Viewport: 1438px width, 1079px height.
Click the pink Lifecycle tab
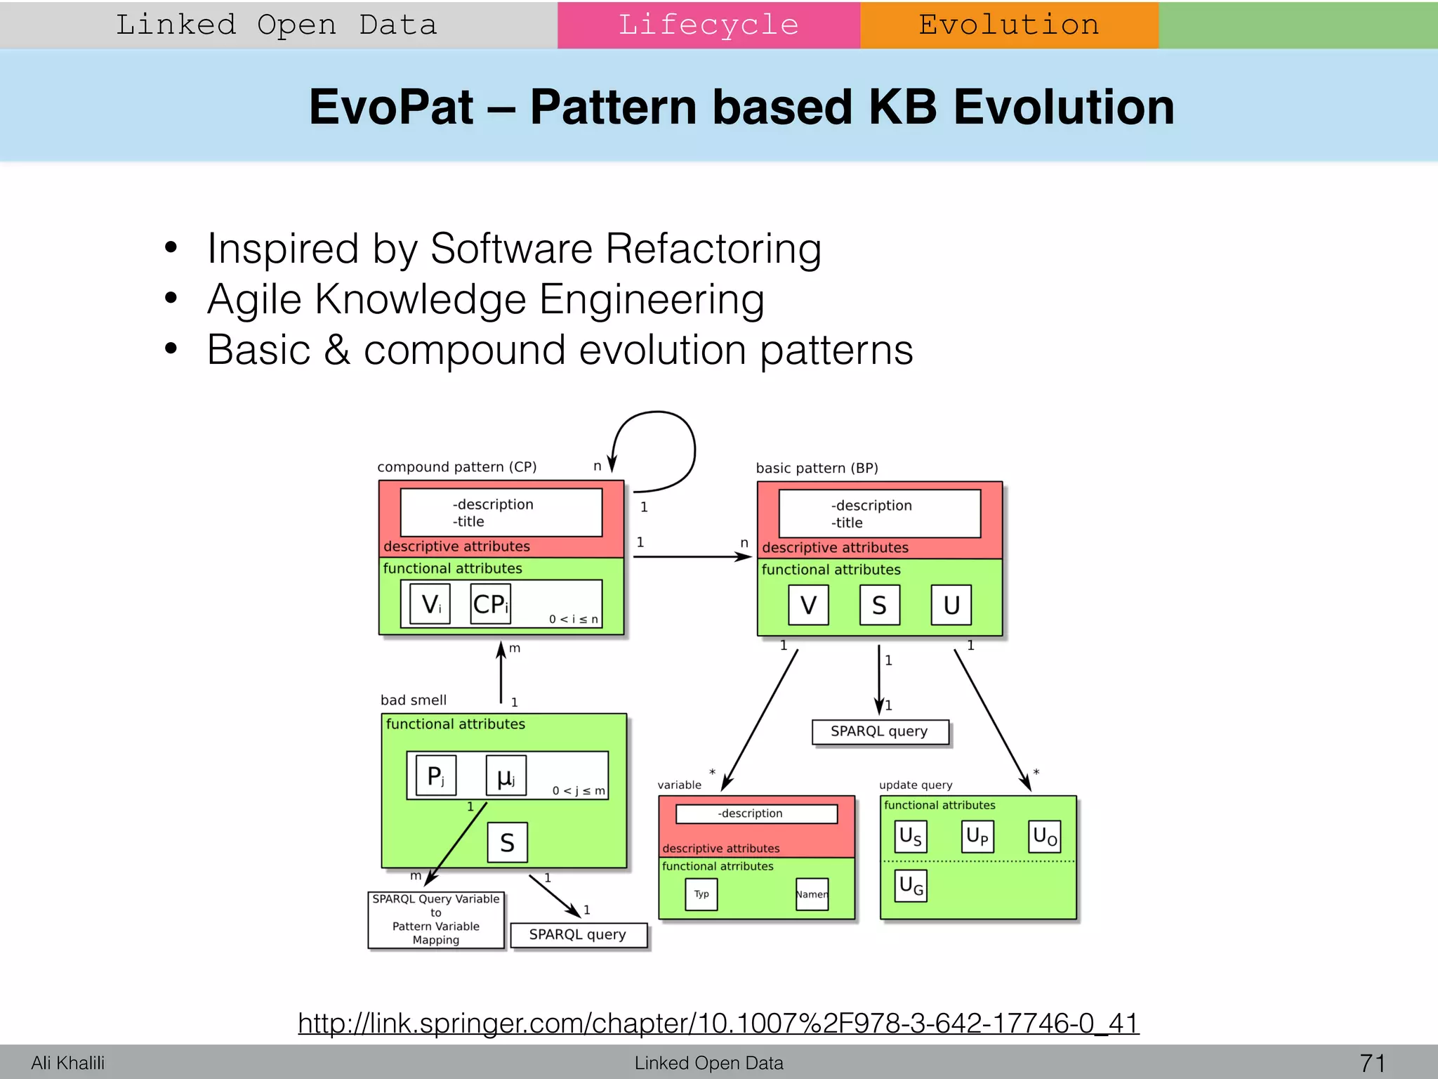(708, 25)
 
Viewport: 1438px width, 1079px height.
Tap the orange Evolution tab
(1009, 25)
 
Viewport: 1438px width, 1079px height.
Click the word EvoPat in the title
(391, 107)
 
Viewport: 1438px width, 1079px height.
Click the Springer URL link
(718, 1024)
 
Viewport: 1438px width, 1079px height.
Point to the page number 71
(1372, 1063)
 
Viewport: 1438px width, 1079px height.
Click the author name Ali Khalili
(67, 1063)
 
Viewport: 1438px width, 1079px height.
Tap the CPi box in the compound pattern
(490, 604)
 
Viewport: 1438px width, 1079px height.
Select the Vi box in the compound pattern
(430, 604)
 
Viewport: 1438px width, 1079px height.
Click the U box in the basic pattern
(951, 606)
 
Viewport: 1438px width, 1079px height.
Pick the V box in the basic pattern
(808, 606)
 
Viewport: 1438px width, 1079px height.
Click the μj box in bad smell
(506, 776)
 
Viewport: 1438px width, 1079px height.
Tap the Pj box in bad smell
(436, 776)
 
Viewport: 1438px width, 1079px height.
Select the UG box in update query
(911, 885)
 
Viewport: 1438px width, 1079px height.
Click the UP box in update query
(977, 837)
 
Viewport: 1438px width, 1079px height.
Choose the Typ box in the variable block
(701, 894)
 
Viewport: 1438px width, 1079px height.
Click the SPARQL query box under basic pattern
(880, 732)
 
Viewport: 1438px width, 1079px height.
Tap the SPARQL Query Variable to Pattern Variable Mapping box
(436, 920)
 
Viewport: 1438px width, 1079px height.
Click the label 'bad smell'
(414, 700)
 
